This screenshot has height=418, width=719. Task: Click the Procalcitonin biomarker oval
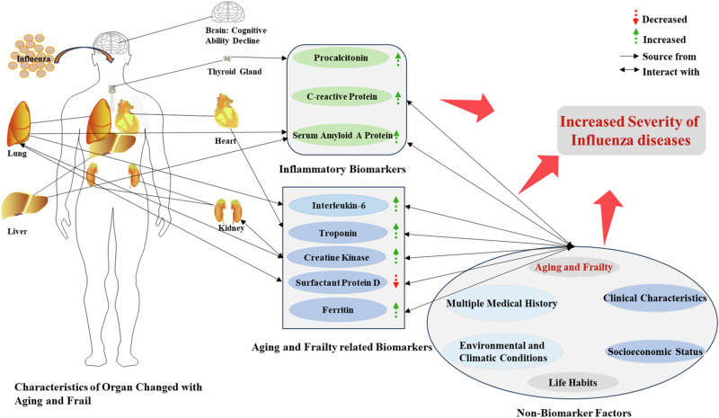click(338, 59)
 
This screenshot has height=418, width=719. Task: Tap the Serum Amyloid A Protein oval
click(338, 135)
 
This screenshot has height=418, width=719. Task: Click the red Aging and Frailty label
click(573, 267)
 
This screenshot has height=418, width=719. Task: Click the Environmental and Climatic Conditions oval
click(503, 351)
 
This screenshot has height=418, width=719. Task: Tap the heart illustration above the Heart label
click(226, 112)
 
